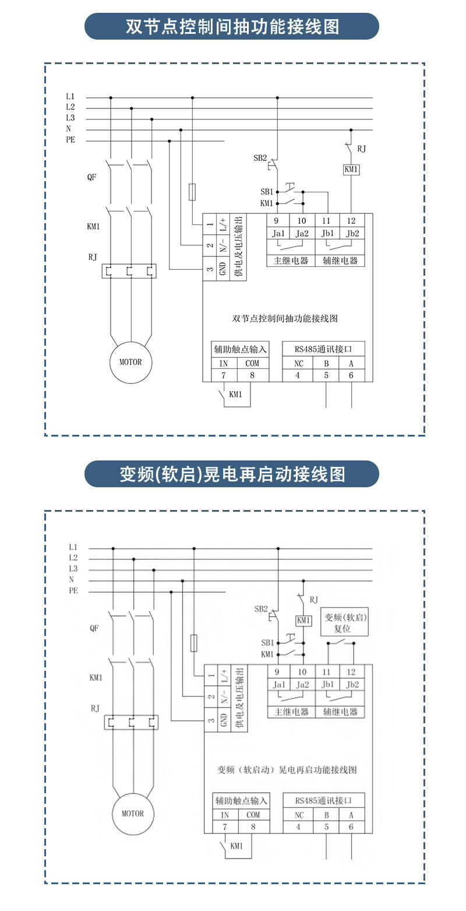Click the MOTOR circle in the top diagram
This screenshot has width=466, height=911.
130,362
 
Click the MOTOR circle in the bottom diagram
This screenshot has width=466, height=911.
132,814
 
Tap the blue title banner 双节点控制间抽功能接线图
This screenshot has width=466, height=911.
232,27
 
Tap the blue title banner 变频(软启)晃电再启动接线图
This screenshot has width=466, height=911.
232,474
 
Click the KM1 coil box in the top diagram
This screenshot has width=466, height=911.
351,170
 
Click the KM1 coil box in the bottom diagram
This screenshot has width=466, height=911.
303,620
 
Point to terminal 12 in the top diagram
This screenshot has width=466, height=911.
351,221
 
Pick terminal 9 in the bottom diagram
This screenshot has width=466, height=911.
277,671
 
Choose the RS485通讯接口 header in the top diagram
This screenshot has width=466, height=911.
323,349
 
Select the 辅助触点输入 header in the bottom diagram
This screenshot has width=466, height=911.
241,801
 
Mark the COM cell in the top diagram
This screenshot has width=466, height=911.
252,363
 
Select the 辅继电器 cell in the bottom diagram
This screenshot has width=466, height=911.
340,712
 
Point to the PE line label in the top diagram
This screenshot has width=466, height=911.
70,140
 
